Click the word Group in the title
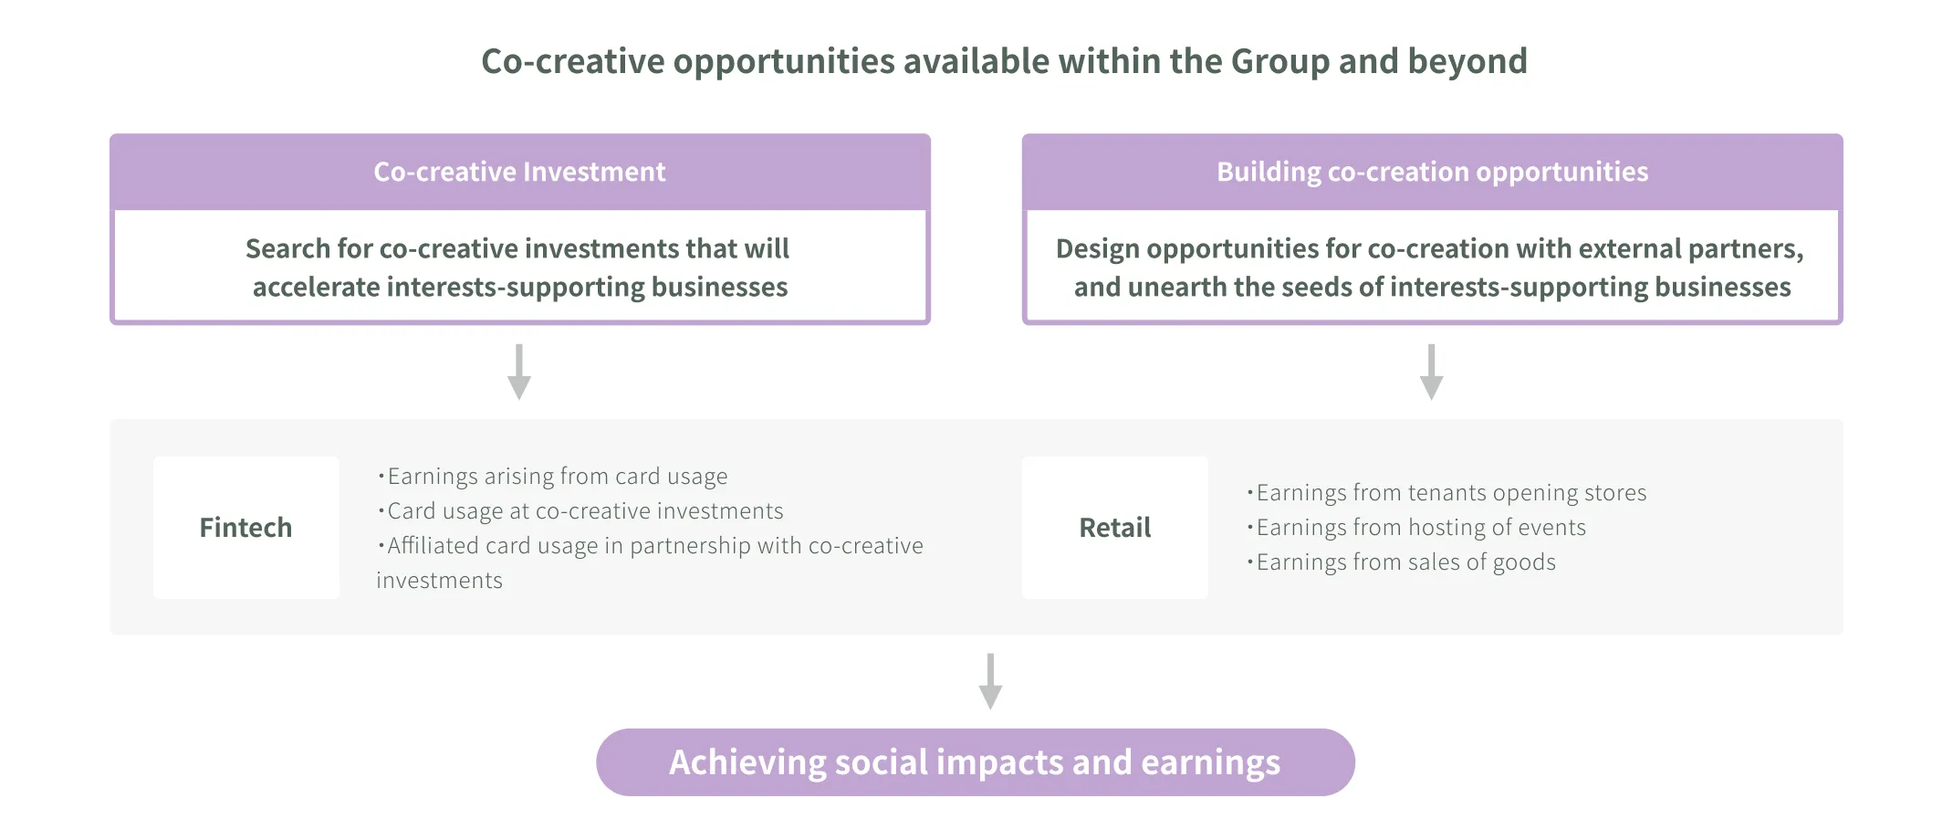tap(1279, 61)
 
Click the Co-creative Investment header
tap(519, 172)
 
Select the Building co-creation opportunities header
tap(1432, 172)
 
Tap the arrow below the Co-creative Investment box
tap(519, 373)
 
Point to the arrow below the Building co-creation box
tap(1431, 373)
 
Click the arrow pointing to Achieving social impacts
tap(990, 682)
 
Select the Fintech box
tap(245, 528)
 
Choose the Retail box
tap(1114, 528)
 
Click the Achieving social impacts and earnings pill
tap(975, 762)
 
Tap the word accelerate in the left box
tap(316, 288)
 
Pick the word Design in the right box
tap(1097, 249)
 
